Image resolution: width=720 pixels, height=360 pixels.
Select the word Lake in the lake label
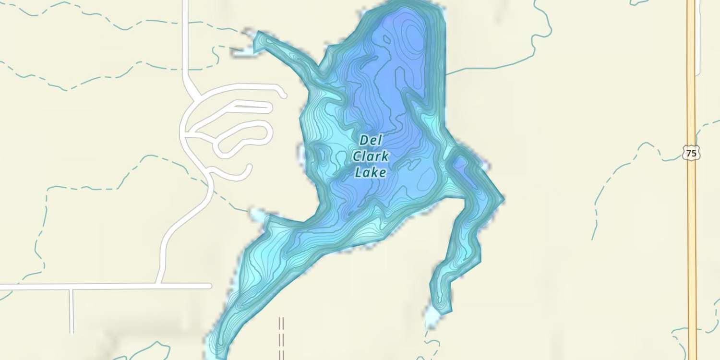click(370, 172)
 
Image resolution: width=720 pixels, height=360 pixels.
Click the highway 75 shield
click(691, 154)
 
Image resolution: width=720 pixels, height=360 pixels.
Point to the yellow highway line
click(692, 240)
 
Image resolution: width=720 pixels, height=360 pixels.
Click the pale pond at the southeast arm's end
click(432, 318)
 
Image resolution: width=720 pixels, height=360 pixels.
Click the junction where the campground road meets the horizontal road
click(160, 286)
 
